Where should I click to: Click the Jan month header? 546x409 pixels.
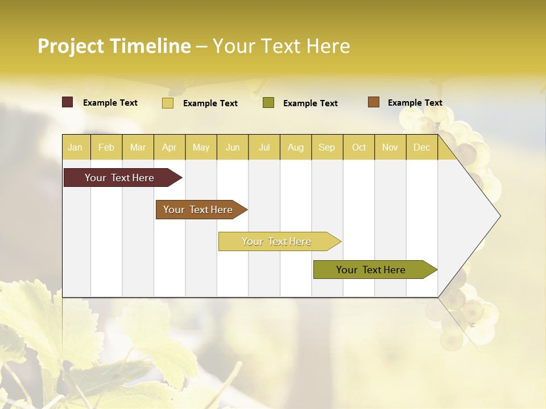coord(75,147)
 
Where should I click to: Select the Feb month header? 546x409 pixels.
coord(106,147)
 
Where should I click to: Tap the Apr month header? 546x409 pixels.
coord(169,147)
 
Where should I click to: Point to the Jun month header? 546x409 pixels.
coord(233,147)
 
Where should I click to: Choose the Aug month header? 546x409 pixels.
coord(295,147)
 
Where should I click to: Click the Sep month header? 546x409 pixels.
coord(326,147)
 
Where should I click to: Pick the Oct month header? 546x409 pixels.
coord(359,147)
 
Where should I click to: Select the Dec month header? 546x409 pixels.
coord(421,147)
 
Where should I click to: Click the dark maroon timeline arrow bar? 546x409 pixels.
coord(119,178)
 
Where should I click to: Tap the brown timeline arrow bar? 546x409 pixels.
coord(198,210)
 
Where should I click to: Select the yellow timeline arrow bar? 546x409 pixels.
coord(276,241)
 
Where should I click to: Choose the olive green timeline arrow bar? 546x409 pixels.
coord(371,270)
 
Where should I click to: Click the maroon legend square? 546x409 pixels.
coord(68,102)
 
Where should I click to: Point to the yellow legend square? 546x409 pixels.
coord(168,103)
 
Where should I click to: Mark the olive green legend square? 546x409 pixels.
coord(268,103)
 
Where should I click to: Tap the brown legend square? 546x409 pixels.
coord(373,102)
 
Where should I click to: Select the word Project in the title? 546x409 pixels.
coord(71,46)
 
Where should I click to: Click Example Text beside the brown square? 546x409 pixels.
coord(415,102)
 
